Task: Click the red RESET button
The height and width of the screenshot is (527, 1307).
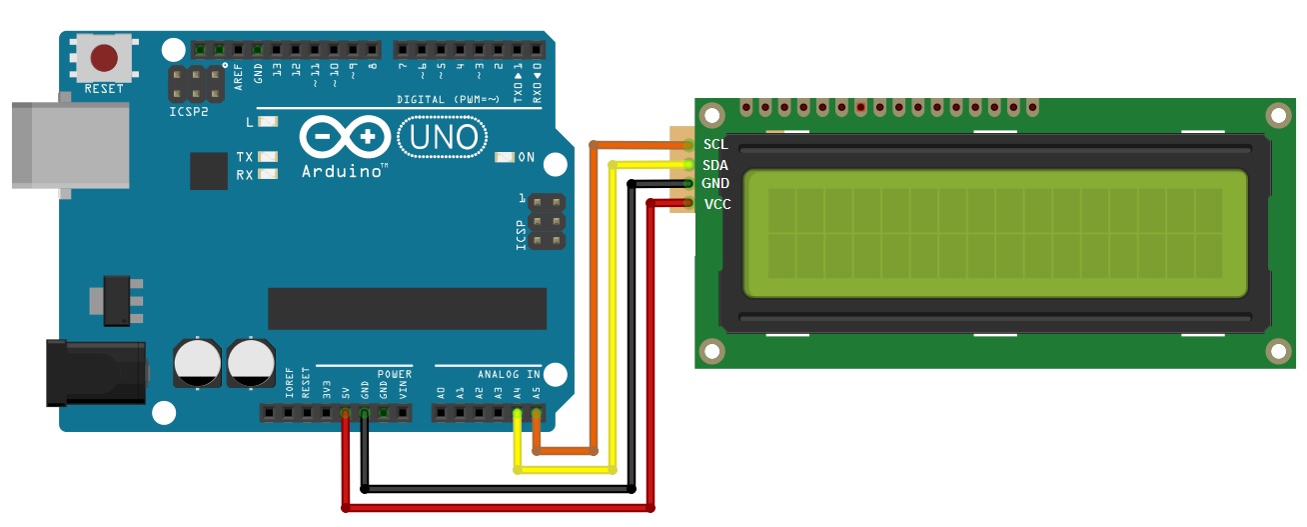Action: [104, 58]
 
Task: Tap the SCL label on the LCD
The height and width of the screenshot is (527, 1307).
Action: [715, 144]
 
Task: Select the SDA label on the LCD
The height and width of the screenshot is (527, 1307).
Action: [715, 165]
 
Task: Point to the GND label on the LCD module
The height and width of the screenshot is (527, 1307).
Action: [715, 184]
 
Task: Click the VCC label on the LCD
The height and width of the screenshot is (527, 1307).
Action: [716, 204]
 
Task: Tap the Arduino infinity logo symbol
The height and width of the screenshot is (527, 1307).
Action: [343, 137]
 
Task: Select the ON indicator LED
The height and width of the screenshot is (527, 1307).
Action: [504, 157]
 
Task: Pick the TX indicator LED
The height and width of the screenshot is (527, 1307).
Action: [267, 157]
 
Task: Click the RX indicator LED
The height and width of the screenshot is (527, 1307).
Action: [267, 175]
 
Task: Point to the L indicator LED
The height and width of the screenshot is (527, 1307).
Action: [267, 122]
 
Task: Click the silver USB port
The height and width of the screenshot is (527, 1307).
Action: [70, 145]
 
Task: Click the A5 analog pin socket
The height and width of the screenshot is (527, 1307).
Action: [537, 412]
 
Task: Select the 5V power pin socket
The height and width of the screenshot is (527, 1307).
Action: [345, 412]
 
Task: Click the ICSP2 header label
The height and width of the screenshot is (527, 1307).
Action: [189, 111]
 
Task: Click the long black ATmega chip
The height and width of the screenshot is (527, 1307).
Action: [407, 308]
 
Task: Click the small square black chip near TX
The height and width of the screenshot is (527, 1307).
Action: [209, 171]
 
